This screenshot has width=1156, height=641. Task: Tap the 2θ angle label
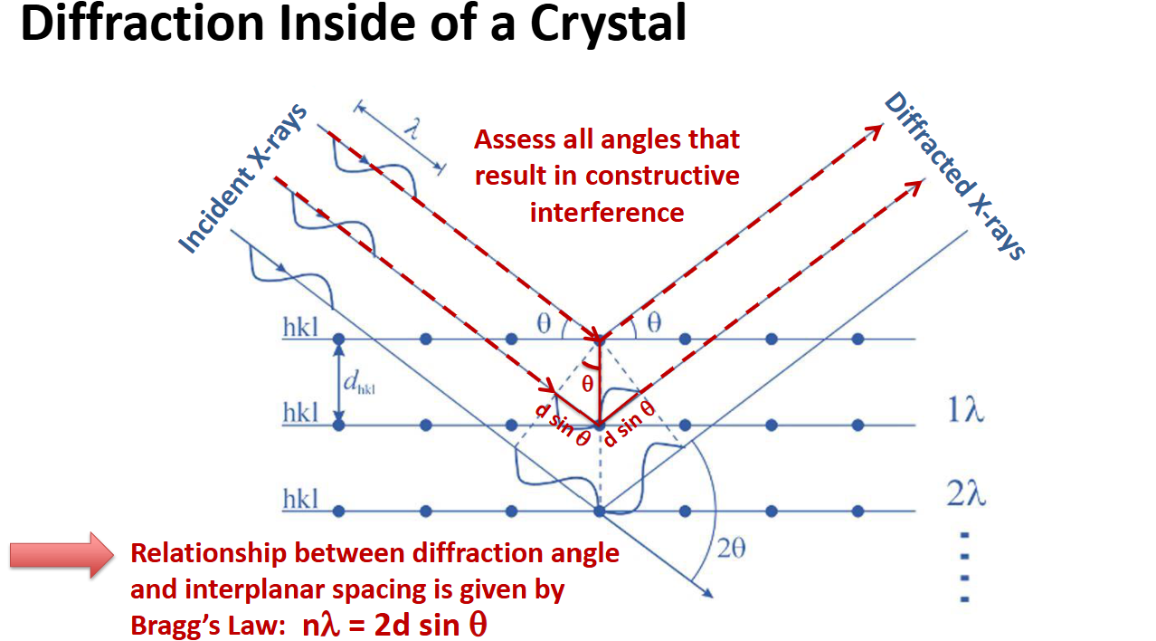730,549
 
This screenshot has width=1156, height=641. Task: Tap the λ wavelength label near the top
412,128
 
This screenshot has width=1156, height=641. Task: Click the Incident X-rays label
242,177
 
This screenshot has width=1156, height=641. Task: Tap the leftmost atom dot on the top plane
339,339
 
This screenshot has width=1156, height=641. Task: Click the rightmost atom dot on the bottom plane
858,512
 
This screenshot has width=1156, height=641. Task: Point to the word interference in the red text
607,212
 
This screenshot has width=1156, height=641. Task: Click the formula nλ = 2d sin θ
396,625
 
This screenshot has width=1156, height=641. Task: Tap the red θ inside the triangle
588,383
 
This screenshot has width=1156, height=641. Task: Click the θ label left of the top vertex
544,323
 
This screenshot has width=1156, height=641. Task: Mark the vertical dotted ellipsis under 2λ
964,567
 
